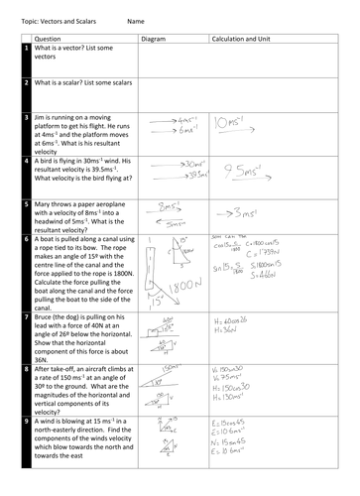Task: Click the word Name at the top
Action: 137,19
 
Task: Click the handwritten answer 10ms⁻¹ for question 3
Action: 235,123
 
